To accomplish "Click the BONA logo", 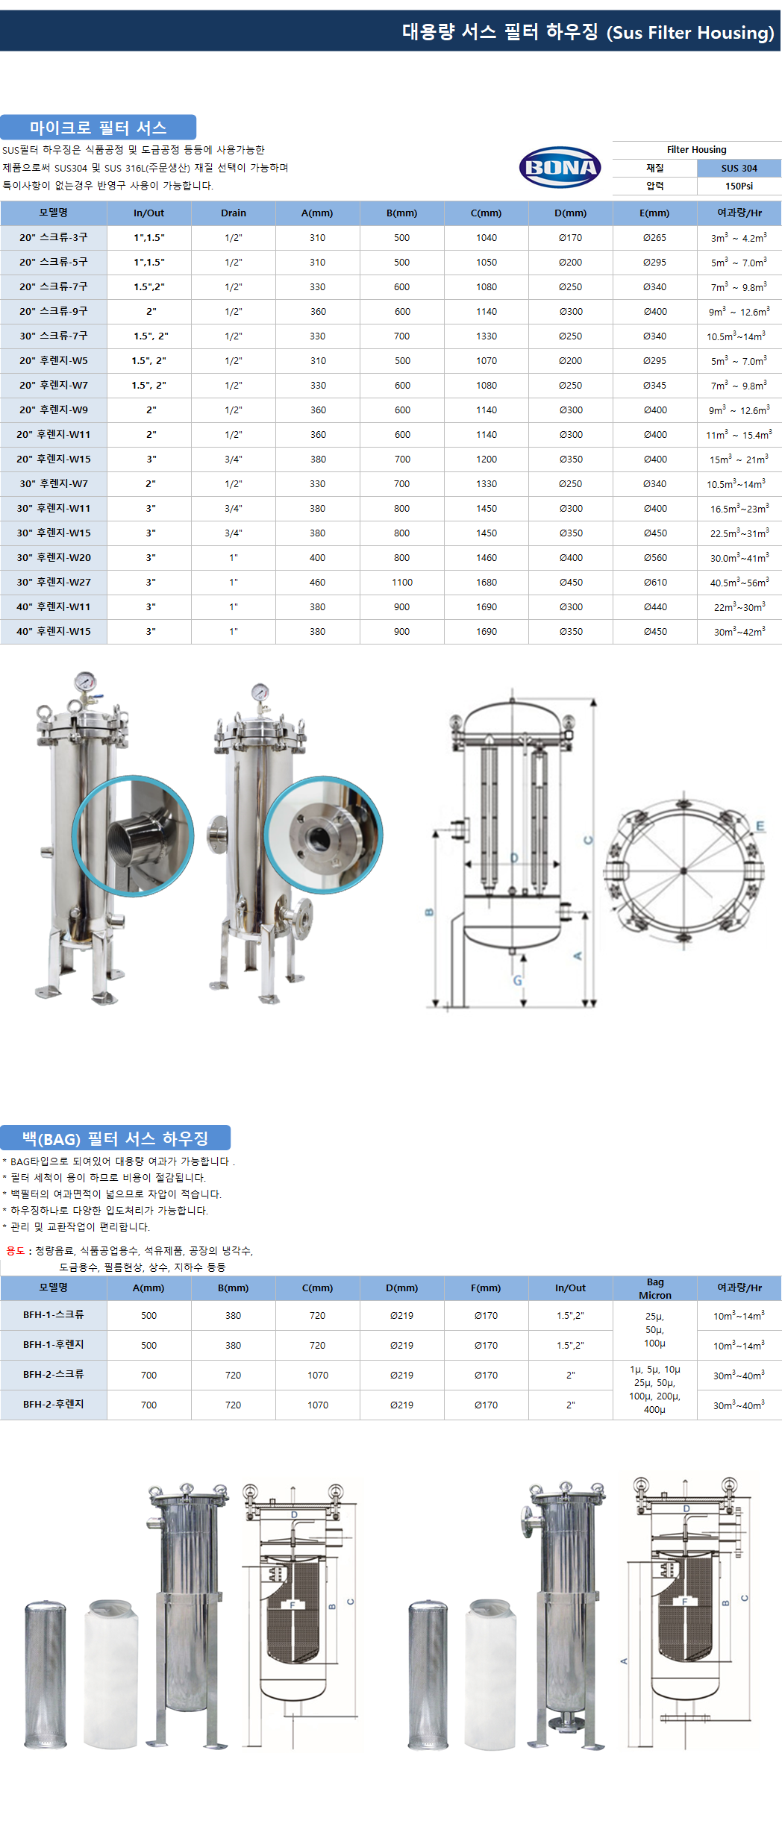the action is pos(560,167).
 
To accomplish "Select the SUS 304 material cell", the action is pos(739,169).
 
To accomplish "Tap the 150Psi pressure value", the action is pos(739,186).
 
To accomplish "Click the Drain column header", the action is pos(234,213).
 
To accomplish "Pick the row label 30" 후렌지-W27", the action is pos(54,582).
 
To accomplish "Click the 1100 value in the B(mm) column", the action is pos(402,583).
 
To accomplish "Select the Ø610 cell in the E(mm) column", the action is pos(655,583).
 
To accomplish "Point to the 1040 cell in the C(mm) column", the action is pos(487,238).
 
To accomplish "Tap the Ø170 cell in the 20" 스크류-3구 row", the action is pos(571,238).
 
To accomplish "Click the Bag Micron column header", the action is pos(655,1288).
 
